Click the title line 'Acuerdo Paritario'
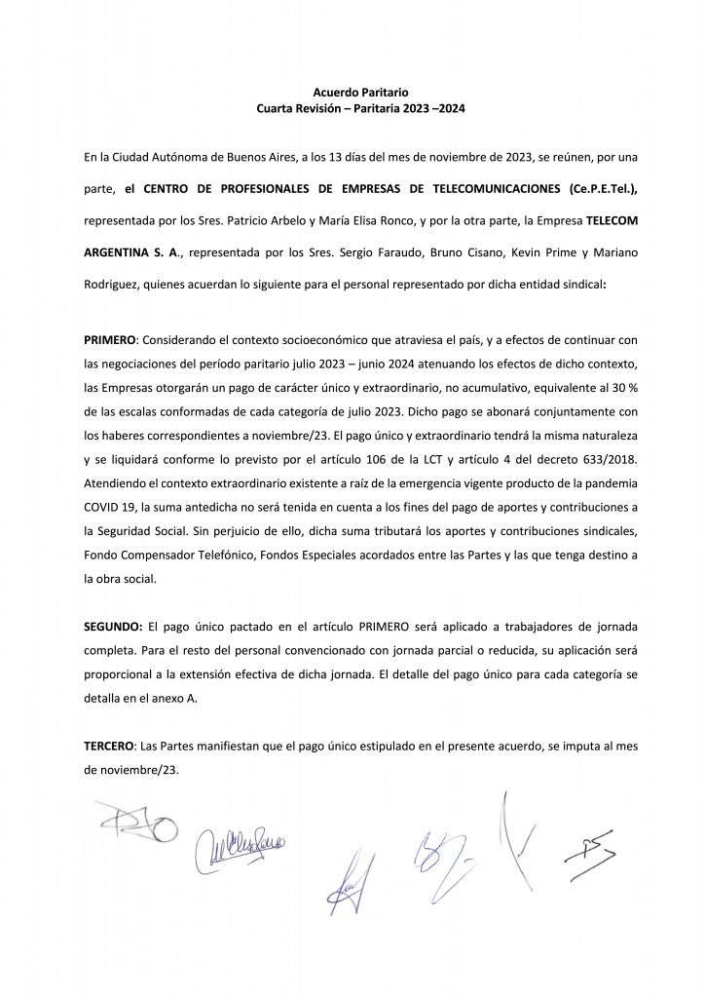click(x=352, y=90)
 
